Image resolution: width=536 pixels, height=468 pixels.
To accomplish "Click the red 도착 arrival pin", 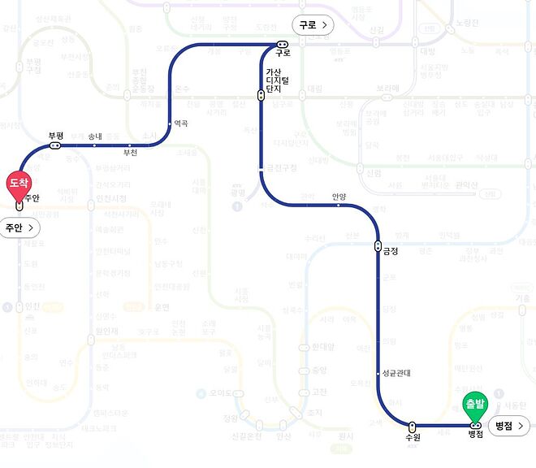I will coord(19,184).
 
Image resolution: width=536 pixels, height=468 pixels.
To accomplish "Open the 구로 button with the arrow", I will coord(313,25).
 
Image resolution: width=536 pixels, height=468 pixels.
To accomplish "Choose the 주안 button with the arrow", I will coord(19,227).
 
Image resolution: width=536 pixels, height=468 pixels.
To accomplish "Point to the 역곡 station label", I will coord(180,123).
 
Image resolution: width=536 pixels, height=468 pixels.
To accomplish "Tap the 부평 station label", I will coord(55,136).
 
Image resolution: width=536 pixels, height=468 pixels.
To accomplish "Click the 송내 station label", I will coord(96,136).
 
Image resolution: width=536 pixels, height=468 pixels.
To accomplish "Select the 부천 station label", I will coord(130,153).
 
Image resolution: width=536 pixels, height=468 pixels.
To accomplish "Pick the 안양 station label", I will coord(339,196).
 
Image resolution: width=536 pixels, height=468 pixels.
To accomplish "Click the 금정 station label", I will coord(390,251).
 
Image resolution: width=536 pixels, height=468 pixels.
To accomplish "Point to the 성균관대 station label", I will coord(396,374).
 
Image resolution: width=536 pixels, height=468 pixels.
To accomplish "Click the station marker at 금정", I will coord(378,245).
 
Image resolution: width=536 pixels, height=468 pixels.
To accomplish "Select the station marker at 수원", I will coord(413,425).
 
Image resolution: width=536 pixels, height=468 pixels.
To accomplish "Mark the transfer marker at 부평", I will coord(55,146).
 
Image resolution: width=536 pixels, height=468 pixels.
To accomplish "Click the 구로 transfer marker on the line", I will coord(282,44).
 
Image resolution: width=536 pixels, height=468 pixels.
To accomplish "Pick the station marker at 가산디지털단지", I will coord(261,95).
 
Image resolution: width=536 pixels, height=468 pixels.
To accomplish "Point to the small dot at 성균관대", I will coord(378,374).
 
